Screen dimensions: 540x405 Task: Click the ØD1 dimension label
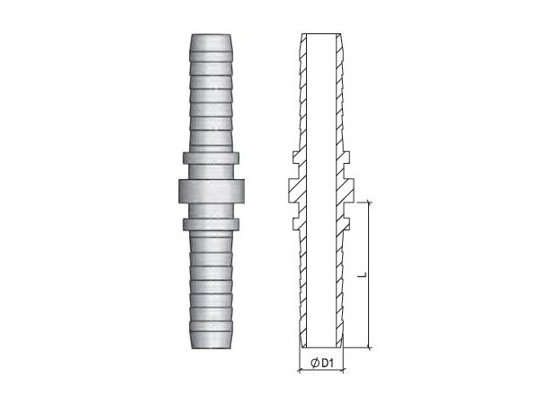point(322,363)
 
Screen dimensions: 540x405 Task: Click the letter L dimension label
point(363,274)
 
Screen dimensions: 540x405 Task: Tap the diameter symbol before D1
point(314,363)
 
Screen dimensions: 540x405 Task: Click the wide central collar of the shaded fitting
point(211,191)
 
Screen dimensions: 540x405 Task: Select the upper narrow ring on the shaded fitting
point(211,157)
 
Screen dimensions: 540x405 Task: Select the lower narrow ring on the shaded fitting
point(211,224)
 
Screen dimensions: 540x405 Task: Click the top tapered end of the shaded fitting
point(211,43)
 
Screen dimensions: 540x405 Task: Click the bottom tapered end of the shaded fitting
point(211,340)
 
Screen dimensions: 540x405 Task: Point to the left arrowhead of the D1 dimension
point(300,371)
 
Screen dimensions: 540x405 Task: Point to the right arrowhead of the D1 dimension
point(342,371)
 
